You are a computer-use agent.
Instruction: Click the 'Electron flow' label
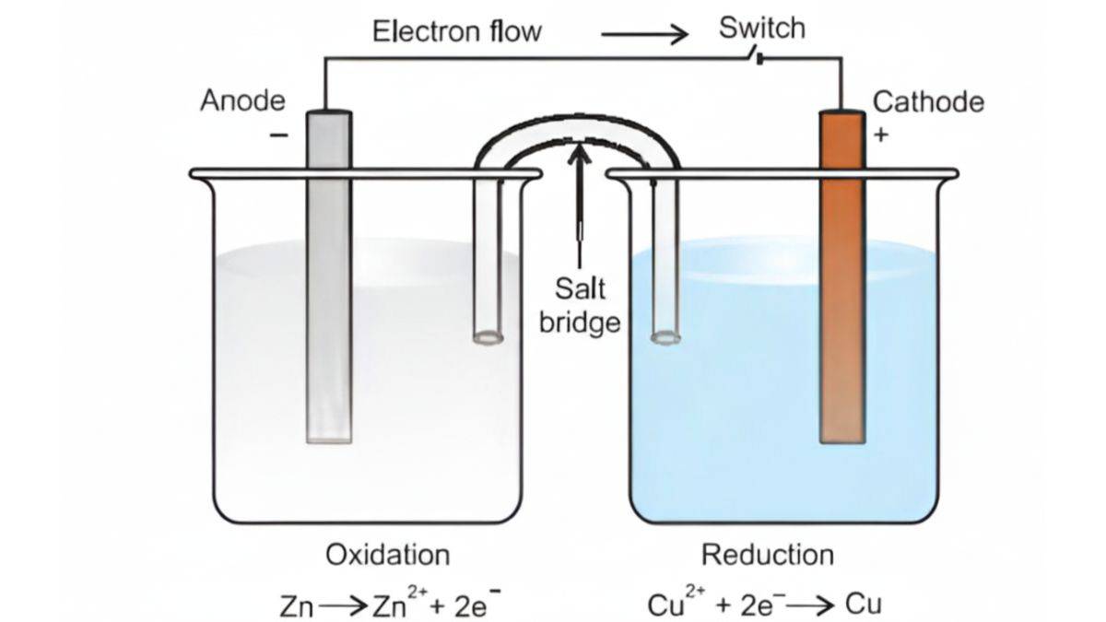[x=457, y=32]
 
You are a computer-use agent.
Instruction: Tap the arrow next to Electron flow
[x=644, y=36]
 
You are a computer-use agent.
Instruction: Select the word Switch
[x=761, y=28]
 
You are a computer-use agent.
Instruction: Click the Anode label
[x=242, y=100]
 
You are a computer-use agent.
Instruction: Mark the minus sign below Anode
[x=277, y=135]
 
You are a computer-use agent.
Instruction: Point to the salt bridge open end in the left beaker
[x=489, y=338]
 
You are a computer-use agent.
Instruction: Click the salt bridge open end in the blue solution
[x=665, y=338]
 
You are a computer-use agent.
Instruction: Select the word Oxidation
[x=387, y=555]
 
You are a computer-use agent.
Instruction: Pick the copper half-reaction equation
[x=765, y=604]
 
